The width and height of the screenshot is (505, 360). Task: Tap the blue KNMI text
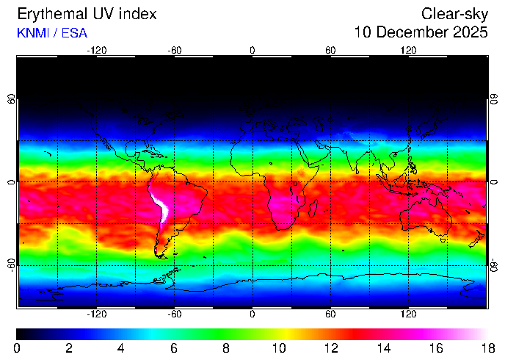[32, 33]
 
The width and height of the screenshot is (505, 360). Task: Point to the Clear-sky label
[454, 14]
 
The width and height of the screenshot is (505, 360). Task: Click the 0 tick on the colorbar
[16, 348]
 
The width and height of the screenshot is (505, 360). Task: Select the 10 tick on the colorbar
[278, 348]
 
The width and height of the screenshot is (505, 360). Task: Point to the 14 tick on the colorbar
[383, 348]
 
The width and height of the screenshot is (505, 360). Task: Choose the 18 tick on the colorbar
[487, 348]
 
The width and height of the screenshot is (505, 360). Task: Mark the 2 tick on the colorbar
[69, 348]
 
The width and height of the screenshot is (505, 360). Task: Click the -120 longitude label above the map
[96, 50]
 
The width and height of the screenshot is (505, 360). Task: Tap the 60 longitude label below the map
[330, 313]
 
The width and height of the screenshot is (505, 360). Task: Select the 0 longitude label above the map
[252, 50]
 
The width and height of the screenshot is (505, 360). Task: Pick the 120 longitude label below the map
[408, 313]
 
